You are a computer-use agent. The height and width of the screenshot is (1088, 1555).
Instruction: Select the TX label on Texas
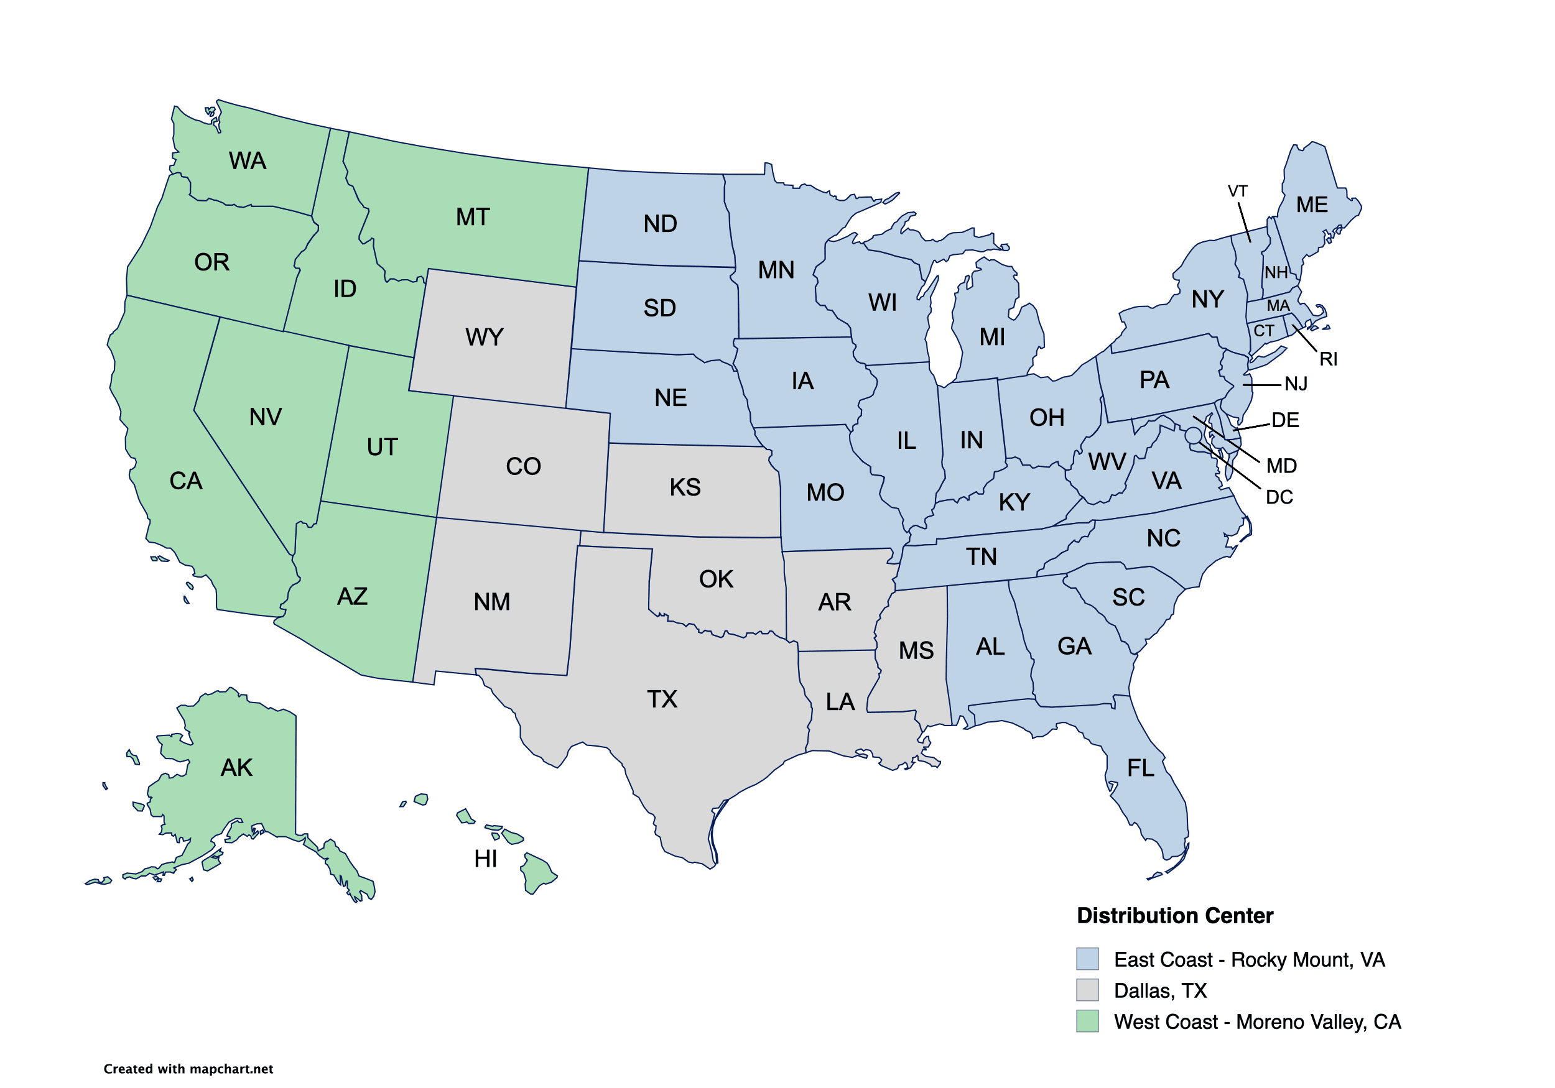coord(661,699)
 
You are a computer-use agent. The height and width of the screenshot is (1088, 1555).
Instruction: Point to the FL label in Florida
coord(1140,768)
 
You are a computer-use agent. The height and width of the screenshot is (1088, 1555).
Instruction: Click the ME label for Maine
coord(1311,205)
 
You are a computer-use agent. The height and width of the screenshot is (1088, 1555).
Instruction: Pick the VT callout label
coord(1237,191)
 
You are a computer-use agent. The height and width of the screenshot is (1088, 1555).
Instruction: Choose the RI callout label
coord(1327,359)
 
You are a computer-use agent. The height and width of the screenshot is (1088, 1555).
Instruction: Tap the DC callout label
coord(1279,497)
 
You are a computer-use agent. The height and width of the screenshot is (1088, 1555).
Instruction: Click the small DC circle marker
coord(1194,435)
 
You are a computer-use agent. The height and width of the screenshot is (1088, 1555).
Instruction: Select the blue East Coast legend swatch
coord(1087,959)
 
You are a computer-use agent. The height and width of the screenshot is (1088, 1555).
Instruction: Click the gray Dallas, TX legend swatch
coord(1087,990)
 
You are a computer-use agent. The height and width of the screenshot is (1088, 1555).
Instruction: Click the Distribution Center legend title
coord(1174,916)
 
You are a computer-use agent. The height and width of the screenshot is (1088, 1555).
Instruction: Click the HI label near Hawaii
coord(486,859)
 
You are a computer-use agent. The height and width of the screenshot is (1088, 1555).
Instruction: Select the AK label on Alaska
coord(236,768)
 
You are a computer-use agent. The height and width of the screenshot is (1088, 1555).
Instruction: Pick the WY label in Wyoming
coord(485,337)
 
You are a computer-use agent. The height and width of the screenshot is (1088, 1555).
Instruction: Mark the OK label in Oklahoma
coord(716,579)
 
